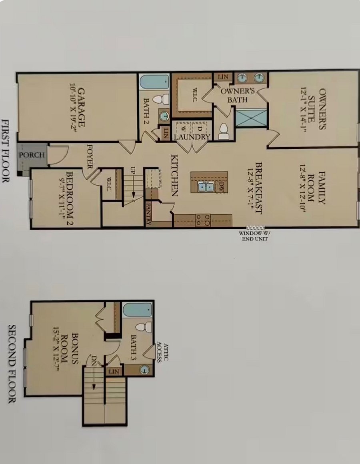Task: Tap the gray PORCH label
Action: (x=32, y=155)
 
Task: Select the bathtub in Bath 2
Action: (x=154, y=82)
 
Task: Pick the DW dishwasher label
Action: (x=221, y=187)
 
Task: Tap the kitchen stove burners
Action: (x=203, y=220)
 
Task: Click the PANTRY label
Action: (x=148, y=213)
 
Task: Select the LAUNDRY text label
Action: (x=192, y=137)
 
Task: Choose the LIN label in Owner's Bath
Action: (x=223, y=77)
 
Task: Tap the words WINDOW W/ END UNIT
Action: (x=255, y=236)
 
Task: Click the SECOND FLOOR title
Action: (x=12, y=364)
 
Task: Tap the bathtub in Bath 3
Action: (x=138, y=310)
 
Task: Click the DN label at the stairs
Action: (x=94, y=360)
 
